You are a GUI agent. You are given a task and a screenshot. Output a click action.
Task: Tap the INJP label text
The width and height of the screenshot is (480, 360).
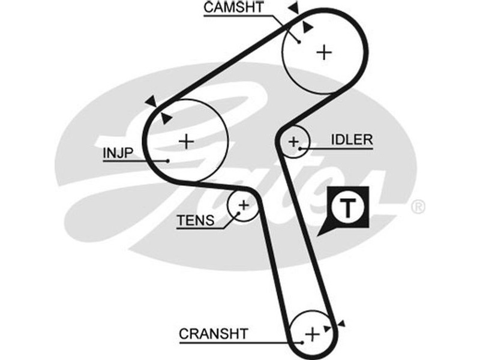pos(116,152)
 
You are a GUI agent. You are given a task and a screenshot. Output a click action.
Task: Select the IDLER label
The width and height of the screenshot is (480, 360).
pos(352,140)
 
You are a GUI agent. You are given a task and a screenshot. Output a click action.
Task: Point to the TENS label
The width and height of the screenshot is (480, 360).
pos(195,220)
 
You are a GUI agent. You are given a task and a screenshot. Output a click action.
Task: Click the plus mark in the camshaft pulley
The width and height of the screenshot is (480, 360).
pos(324,53)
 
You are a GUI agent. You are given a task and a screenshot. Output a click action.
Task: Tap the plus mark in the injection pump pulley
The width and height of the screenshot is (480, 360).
pos(187,142)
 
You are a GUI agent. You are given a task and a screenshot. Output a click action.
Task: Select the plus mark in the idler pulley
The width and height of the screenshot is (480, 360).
pos(293,142)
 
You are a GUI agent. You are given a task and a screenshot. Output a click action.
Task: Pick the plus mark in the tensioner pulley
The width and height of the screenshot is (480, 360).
pos(244,205)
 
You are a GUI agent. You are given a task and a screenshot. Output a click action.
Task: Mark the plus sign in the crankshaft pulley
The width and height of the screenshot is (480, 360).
pos(311,334)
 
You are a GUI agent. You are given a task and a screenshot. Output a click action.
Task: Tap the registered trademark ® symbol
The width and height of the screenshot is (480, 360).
pos(418,207)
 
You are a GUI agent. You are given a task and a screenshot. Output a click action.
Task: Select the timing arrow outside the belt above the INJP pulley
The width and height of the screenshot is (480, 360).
pos(149,101)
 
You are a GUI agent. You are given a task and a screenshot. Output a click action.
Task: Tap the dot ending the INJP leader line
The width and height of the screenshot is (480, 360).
pos(169,160)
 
